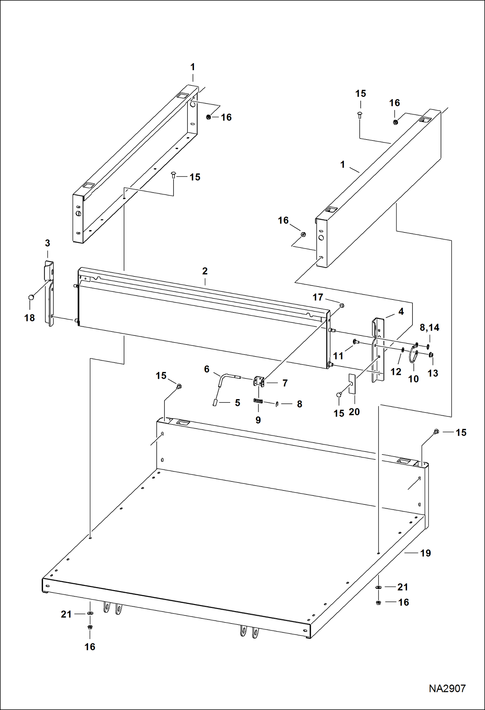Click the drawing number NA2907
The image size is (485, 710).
(x=447, y=688)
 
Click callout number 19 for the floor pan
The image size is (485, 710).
(x=425, y=553)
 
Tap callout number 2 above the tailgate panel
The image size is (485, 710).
(x=205, y=271)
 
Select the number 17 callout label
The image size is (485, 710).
(x=318, y=297)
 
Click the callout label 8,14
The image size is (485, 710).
(x=429, y=327)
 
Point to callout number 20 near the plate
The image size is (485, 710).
(x=354, y=412)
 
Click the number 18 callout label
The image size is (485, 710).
(x=29, y=318)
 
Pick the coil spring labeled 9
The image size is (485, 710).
(x=258, y=401)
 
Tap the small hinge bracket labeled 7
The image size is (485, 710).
(x=259, y=381)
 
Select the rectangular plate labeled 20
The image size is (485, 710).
(x=352, y=384)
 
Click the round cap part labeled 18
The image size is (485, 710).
(x=31, y=297)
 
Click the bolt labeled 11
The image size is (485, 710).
(x=354, y=342)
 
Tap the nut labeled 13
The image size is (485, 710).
(x=431, y=355)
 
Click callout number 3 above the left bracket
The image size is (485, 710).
(x=48, y=243)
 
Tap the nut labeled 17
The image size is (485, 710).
(x=342, y=305)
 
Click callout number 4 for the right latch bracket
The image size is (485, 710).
(x=401, y=311)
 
